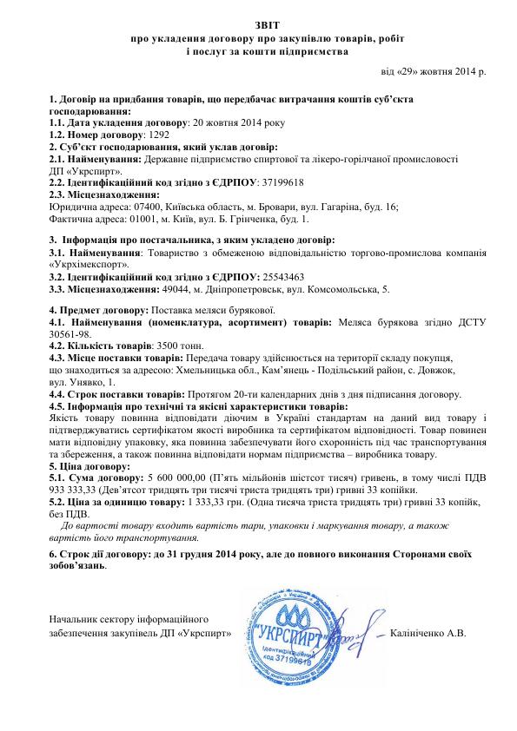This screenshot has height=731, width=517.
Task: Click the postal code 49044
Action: pos(178,288)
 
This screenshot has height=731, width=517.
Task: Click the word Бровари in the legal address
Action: pos(275,207)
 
